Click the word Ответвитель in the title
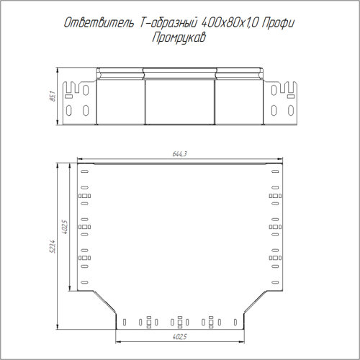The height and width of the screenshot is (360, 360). coord(99,23)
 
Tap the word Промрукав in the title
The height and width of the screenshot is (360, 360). coord(179,37)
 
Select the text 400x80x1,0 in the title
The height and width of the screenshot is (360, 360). coord(229,23)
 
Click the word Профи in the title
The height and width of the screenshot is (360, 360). coord(278,24)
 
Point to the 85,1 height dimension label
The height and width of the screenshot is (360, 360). coord(53,96)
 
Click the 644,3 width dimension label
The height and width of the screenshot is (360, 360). coord(179,154)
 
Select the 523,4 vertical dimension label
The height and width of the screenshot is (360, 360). coord(53,246)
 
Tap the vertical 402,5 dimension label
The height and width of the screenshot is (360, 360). coord(66,227)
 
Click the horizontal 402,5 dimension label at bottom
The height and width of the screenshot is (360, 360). coord(179,337)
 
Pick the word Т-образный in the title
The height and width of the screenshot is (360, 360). coord(168,23)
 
